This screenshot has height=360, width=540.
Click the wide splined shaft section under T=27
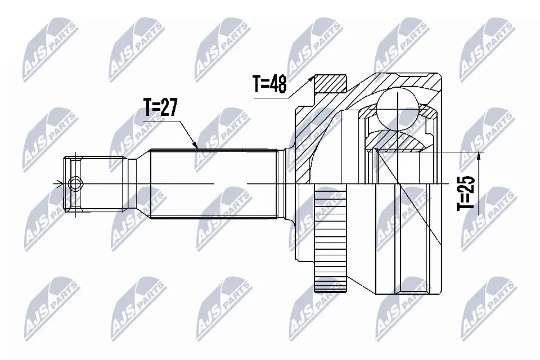click(214, 184)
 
